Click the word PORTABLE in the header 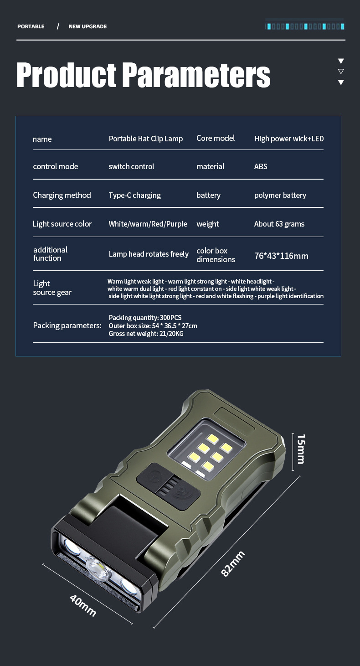31,26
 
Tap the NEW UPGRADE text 87,26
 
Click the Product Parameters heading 143,75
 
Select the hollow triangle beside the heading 341,72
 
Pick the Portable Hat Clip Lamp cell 146,139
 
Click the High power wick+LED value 289,139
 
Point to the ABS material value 261,166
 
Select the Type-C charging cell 135,196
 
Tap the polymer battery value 280,196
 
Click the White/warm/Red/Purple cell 148,224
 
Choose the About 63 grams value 279,224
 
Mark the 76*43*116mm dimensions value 281,256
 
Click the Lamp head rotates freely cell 149,254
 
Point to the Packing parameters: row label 67,325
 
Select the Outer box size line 153,326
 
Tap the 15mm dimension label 301,449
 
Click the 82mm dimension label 233,564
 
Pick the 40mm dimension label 83,605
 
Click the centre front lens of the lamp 97,569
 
